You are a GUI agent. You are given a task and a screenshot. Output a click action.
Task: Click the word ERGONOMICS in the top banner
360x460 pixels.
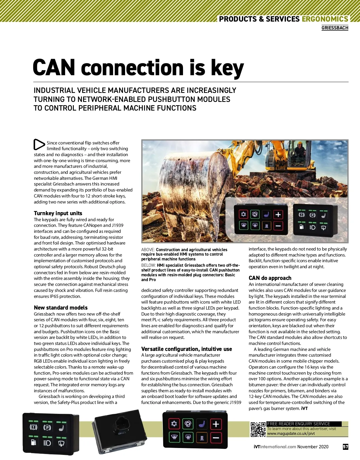click(325, 19)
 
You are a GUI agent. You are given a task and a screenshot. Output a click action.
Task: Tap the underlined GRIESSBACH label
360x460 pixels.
click(335, 28)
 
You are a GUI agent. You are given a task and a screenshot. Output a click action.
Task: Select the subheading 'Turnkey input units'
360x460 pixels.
click(58, 213)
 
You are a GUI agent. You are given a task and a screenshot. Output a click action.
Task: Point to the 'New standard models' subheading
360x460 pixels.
click(61, 307)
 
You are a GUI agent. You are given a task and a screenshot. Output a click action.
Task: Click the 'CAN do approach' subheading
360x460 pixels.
click(270, 278)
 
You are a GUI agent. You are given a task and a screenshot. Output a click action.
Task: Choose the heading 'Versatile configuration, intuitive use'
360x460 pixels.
click(187, 349)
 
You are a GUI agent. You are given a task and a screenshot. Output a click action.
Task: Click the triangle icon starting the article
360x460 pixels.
click(39, 144)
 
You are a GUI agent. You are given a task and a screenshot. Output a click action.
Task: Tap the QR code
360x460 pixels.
click(258, 429)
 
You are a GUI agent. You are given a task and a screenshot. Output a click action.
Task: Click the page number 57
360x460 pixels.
click(345, 447)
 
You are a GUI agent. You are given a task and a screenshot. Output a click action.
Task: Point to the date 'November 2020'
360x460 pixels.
click(313, 447)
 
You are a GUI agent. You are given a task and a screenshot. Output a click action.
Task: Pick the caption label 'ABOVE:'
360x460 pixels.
click(148, 250)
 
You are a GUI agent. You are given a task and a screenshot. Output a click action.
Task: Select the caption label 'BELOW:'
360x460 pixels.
click(148, 265)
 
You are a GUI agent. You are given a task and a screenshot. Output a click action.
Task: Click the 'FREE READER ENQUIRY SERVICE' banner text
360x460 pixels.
click(298, 424)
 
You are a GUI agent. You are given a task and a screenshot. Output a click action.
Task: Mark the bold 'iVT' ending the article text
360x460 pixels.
click(304, 408)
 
